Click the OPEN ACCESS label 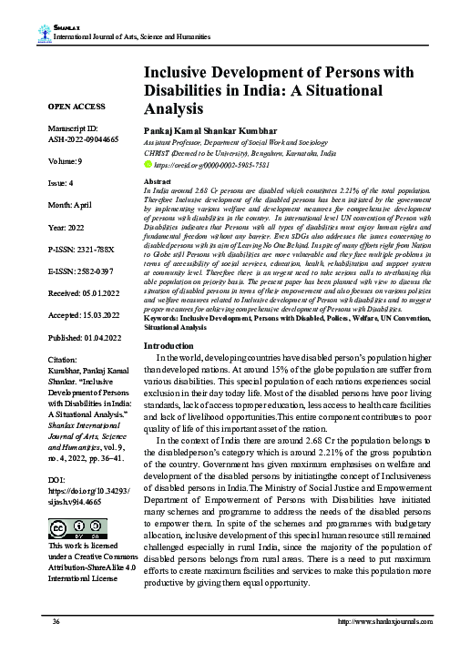tap(77, 106)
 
